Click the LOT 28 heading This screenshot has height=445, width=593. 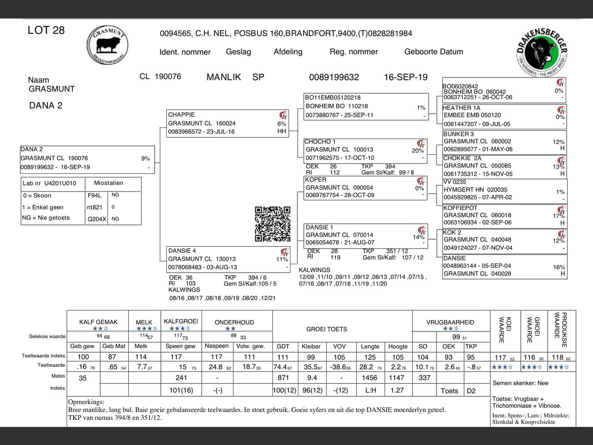click(x=46, y=31)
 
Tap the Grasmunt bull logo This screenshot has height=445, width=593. click(x=107, y=45)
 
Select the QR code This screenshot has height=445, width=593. click(x=272, y=224)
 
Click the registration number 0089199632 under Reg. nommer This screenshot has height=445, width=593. click(x=334, y=77)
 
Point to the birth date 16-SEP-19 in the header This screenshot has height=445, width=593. click(x=405, y=77)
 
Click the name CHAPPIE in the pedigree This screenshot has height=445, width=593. click(x=181, y=114)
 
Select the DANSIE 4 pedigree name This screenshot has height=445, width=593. click(x=182, y=251)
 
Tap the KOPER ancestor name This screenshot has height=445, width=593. click(x=315, y=180)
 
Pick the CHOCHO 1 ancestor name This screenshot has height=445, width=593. click(x=320, y=142)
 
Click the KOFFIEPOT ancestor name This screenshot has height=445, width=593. click(x=460, y=208)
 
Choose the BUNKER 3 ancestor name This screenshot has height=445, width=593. click(x=458, y=134)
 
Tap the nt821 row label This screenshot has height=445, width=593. click(x=95, y=207)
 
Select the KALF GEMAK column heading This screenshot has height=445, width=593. click(x=98, y=322)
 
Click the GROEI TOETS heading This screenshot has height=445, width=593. click(x=327, y=329)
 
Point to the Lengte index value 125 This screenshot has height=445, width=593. click(x=370, y=357)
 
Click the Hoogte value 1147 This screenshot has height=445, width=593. click(x=397, y=378)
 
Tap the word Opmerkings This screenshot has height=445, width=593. click(x=86, y=402)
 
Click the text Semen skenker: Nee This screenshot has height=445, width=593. click(x=520, y=383)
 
